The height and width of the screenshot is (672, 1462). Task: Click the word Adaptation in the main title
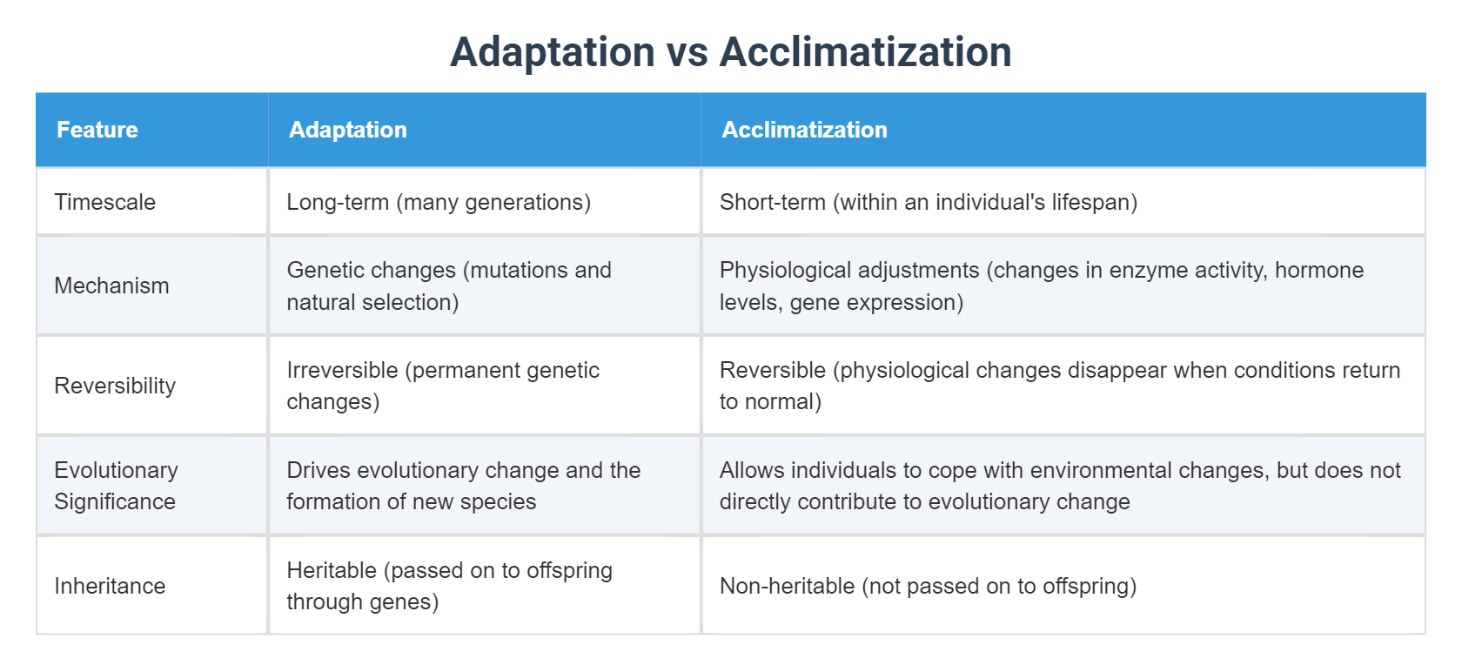552,52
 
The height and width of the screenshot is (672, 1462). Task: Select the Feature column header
97,130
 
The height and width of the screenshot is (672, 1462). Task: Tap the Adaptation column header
347,130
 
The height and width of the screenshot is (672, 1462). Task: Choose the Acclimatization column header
804,130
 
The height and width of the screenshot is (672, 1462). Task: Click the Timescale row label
104,202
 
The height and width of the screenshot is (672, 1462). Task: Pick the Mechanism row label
111,286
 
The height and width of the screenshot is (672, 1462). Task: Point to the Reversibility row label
115,386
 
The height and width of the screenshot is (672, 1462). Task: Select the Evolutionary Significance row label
116,486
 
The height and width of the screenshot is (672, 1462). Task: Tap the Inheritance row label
110,586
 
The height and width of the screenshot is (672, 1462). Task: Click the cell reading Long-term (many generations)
439,202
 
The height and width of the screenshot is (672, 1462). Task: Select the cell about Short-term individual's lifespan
928,202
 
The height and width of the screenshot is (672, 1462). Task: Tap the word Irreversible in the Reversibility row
342,370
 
